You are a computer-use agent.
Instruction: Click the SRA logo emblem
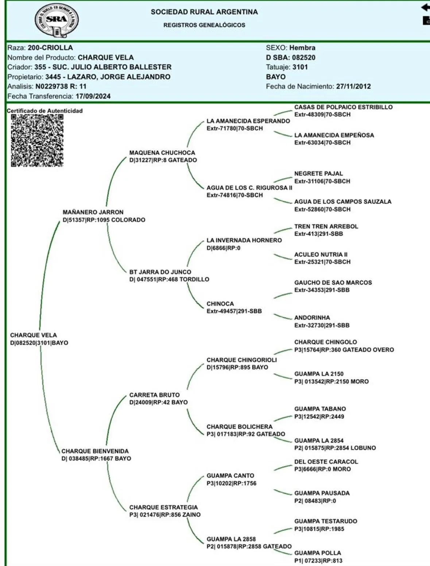pyautogui.click(x=57, y=20)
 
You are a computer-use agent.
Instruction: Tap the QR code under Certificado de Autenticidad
pyautogui.click(x=37, y=140)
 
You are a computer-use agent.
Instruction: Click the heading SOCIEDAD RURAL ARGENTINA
pyautogui.click(x=204, y=12)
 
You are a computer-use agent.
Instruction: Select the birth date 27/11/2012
pyautogui.click(x=353, y=86)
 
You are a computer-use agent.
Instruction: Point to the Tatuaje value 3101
pyautogui.click(x=300, y=67)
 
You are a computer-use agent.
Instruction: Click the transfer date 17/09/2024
pyautogui.click(x=93, y=96)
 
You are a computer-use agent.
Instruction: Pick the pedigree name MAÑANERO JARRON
pyautogui.click(x=93, y=212)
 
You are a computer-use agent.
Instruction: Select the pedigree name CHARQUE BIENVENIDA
pyautogui.click(x=95, y=451)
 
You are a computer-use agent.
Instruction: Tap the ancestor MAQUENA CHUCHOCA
pyautogui.click(x=162, y=153)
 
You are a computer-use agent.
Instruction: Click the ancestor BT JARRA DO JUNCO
pyautogui.click(x=160, y=272)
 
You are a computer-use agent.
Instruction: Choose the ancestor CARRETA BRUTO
pyautogui.click(x=154, y=395)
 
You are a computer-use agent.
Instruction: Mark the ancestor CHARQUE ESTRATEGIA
pyautogui.click(x=163, y=507)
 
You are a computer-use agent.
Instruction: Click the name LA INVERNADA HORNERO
pyautogui.click(x=244, y=240)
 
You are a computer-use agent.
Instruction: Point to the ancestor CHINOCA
pyautogui.click(x=220, y=304)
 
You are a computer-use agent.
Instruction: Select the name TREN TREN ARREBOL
pyautogui.click(x=326, y=226)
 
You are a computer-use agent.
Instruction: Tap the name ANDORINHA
pyautogui.click(x=312, y=317)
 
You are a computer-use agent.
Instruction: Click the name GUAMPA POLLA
pyautogui.click(x=317, y=553)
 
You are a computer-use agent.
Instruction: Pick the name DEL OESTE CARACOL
pyautogui.click(x=326, y=462)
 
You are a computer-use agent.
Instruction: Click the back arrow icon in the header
pyautogui.click(x=425, y=7)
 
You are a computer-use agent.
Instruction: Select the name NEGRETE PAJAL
pyautogui.click(x=318, y=174)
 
